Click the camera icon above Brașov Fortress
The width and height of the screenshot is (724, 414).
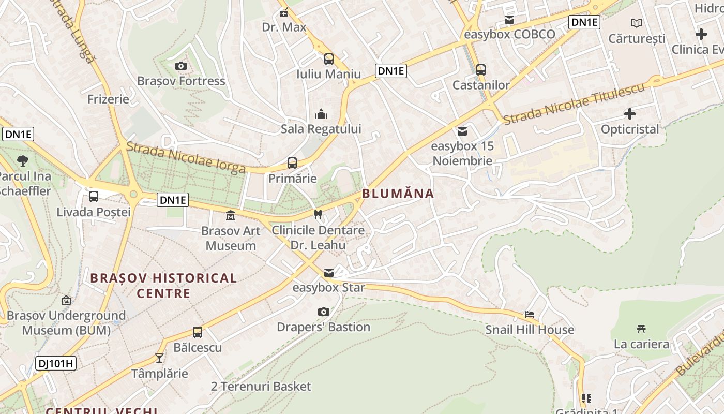coord(180,66)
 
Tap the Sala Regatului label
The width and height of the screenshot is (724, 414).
coord(321,129)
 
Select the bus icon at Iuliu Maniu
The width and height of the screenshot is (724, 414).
coord(329,59)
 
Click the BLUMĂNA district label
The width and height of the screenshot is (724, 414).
coord(398,194)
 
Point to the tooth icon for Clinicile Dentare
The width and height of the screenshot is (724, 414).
coord(318,214)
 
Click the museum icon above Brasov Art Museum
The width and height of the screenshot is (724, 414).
coord(231,215)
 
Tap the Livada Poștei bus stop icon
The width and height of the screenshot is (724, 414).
coord(94,197)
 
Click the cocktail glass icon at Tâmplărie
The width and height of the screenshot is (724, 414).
coord(159,358)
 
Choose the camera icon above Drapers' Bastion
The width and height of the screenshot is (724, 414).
coord(324,312)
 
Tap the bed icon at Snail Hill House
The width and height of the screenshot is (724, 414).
coord(530,314)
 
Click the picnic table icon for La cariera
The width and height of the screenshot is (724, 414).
coord(641,329)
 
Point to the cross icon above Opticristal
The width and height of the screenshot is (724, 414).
coord(630,113)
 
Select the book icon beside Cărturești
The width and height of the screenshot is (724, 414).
coord(637,23)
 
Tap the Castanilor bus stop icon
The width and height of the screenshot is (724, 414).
coord(481,69)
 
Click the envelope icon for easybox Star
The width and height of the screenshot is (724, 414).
coord(329,272)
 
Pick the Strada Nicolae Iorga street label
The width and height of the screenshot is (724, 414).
coord(186,157)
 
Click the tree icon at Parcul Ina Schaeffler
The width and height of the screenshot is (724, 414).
coord(23,160)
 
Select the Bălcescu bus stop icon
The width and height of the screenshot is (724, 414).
coord(198,332)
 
